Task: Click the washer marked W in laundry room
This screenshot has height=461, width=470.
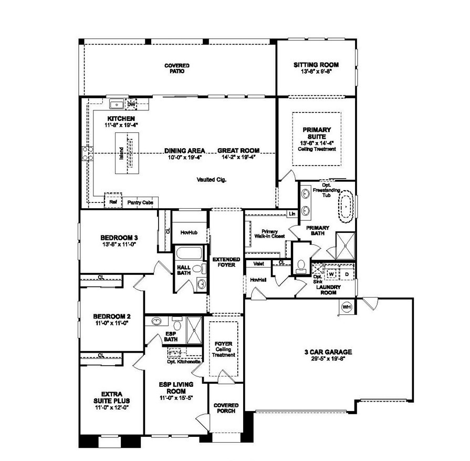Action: coord(332,273)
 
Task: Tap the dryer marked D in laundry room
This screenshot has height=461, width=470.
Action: coord(347,273)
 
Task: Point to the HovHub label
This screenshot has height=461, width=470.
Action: coord(188,232)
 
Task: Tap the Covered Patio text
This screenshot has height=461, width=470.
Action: coord(176,68)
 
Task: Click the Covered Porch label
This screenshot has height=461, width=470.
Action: coord(226,408)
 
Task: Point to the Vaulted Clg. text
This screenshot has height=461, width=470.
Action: coord(212,180)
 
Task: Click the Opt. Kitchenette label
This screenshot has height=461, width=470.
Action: coord(182,362)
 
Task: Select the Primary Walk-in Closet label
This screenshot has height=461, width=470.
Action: coord(269,234)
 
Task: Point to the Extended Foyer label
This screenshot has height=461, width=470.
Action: coord(226,262)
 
